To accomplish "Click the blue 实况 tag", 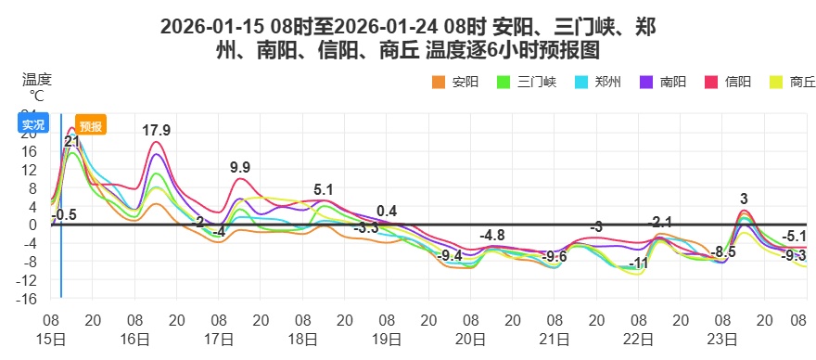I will [32, 125].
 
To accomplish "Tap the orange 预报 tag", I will [91, 126].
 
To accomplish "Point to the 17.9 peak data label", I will [156, 131].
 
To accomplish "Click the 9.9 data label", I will [240, 168].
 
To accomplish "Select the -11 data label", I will [638, 264].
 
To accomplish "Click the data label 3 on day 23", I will [744, 199].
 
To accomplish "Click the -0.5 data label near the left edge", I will [64, 215].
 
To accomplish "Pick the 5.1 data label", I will [324, 190].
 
